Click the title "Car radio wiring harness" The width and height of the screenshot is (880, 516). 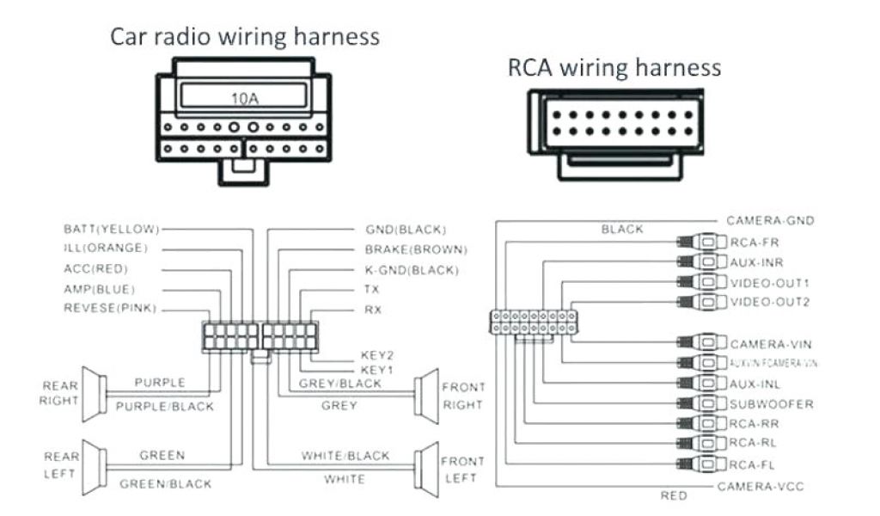[244, 37]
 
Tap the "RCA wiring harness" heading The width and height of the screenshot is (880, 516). [614, 67]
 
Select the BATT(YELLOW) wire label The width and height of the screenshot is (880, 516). [112, 229]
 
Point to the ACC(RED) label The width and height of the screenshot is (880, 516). [95, 268]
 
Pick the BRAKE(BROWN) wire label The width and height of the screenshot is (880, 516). [416, 249]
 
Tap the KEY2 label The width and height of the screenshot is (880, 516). [376, 354]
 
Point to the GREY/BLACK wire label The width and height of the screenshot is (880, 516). [339, 384]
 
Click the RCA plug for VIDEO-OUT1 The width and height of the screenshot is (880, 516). [701, 281]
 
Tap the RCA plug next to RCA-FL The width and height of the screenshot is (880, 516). [701, 465]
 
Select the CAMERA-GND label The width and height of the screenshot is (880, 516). [770, 221]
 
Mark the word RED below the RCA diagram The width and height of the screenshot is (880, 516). [673, 495]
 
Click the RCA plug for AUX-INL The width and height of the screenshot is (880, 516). [701, 384]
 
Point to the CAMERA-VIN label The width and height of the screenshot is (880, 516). [771, 344]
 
